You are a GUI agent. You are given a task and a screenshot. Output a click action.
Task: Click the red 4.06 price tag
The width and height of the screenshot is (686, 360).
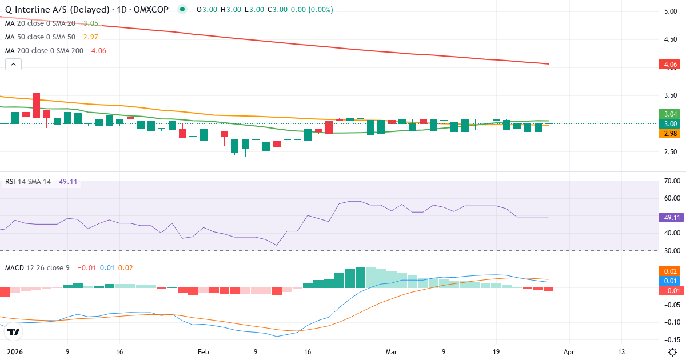(x=669, y=65)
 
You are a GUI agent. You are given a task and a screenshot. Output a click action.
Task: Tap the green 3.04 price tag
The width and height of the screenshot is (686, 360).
(x=669, y=114)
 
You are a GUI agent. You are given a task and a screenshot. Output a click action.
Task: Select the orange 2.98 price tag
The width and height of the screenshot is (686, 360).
(x=669, y=134)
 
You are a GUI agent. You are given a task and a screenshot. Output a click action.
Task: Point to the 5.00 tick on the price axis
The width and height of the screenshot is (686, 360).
(x=669, y=11)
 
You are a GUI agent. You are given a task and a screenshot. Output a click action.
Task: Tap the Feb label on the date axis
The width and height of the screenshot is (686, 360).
(x=204, y=352)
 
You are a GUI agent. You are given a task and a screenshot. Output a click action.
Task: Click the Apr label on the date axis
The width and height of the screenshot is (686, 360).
(x=569, y=352)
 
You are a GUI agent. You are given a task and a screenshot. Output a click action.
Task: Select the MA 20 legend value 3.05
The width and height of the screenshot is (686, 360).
(x=90, y=23)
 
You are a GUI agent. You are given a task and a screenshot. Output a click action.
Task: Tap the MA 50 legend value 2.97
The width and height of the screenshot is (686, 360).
(x=90, y=37)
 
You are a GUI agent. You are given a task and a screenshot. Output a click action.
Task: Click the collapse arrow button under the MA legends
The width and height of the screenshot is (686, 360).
(x=13, y=64)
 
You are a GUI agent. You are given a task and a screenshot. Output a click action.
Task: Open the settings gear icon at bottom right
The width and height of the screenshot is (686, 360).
(x=673, y=351)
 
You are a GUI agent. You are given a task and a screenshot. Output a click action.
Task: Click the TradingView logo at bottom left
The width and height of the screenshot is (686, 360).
(x=14, y=331)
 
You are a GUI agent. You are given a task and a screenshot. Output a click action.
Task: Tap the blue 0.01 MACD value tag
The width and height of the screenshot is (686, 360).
(x=669, y=281)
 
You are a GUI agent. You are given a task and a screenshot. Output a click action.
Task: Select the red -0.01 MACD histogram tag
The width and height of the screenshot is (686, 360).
(x=669, y=290)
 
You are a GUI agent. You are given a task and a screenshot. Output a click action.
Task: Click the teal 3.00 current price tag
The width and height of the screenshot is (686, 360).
(x=669, y=124)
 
